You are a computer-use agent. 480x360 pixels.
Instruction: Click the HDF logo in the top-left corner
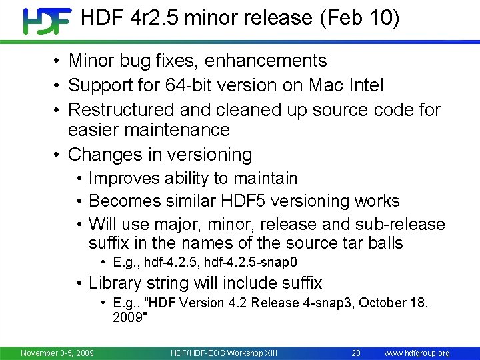point(47,21)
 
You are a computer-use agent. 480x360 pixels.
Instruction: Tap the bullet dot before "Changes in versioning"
point(58,155)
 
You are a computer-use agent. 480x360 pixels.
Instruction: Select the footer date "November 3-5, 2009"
point(57,353)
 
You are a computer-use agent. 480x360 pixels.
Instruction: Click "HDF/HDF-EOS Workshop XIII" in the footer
point(224,353)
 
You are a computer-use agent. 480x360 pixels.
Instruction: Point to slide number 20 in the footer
point(356,353)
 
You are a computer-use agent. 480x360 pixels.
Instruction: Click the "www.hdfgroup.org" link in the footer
point(417,353)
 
